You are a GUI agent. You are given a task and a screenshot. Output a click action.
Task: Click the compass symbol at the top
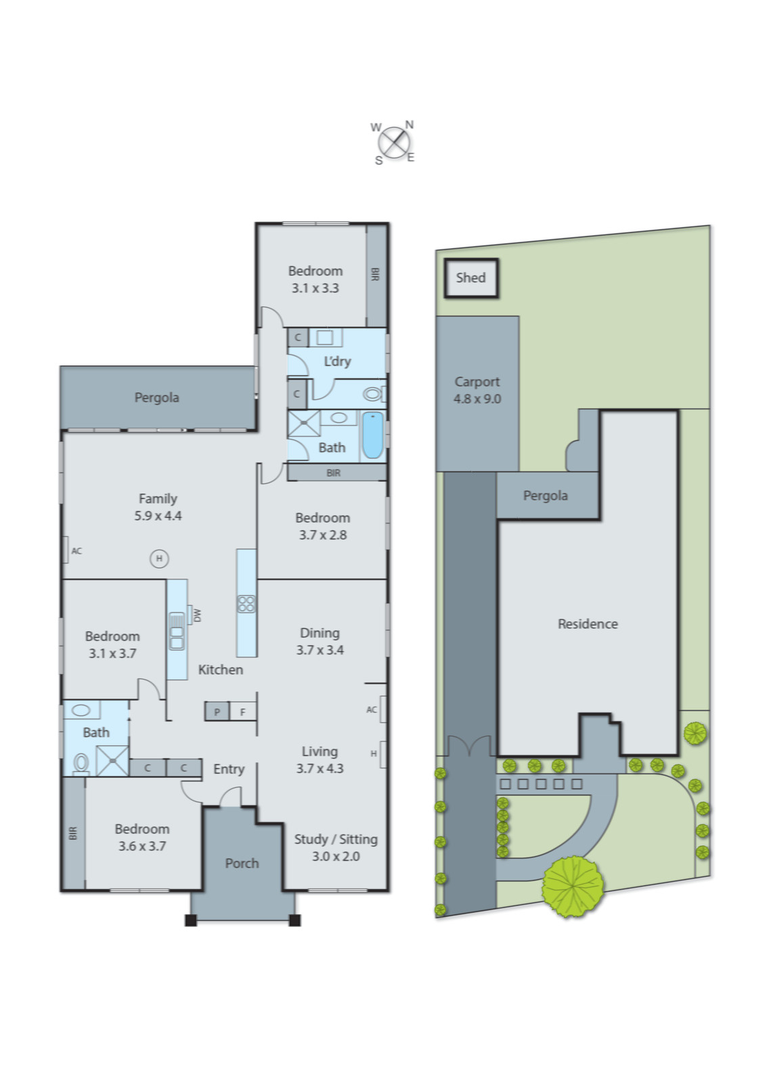coord(394,143)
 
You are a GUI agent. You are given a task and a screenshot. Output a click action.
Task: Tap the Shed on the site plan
coord(471,278)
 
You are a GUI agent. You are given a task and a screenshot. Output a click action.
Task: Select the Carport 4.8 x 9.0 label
coord(477,391)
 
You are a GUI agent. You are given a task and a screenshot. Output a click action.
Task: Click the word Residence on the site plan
coord(588,624)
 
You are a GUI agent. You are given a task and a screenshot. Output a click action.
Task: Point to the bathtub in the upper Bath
coord(372,436)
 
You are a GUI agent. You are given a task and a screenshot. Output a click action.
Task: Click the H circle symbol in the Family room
coord(159,558)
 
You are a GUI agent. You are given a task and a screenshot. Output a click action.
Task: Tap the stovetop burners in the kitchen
coord(246,604)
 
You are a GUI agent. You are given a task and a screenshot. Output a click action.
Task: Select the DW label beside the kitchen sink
coord(197,615)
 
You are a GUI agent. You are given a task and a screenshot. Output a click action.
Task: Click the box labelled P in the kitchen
coord(217,711)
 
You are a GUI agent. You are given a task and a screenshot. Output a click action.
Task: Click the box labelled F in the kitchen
coord(243,711)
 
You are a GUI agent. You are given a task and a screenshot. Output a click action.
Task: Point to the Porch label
coord(242,863)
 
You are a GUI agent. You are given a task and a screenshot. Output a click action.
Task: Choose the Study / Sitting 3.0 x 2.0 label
coord(336,847)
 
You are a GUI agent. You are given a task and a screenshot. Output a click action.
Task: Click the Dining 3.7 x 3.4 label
coord(320,642)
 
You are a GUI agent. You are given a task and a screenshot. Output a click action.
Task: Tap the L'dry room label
coord(337,361)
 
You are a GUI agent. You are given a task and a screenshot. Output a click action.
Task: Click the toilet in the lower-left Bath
coord(81,764)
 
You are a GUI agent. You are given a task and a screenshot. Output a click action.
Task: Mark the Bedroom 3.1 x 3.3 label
coord(315,279)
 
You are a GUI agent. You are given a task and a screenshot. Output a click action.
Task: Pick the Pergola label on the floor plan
coord(156,397)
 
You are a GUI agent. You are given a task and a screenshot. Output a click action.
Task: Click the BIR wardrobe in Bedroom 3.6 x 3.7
coord(74,833)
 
